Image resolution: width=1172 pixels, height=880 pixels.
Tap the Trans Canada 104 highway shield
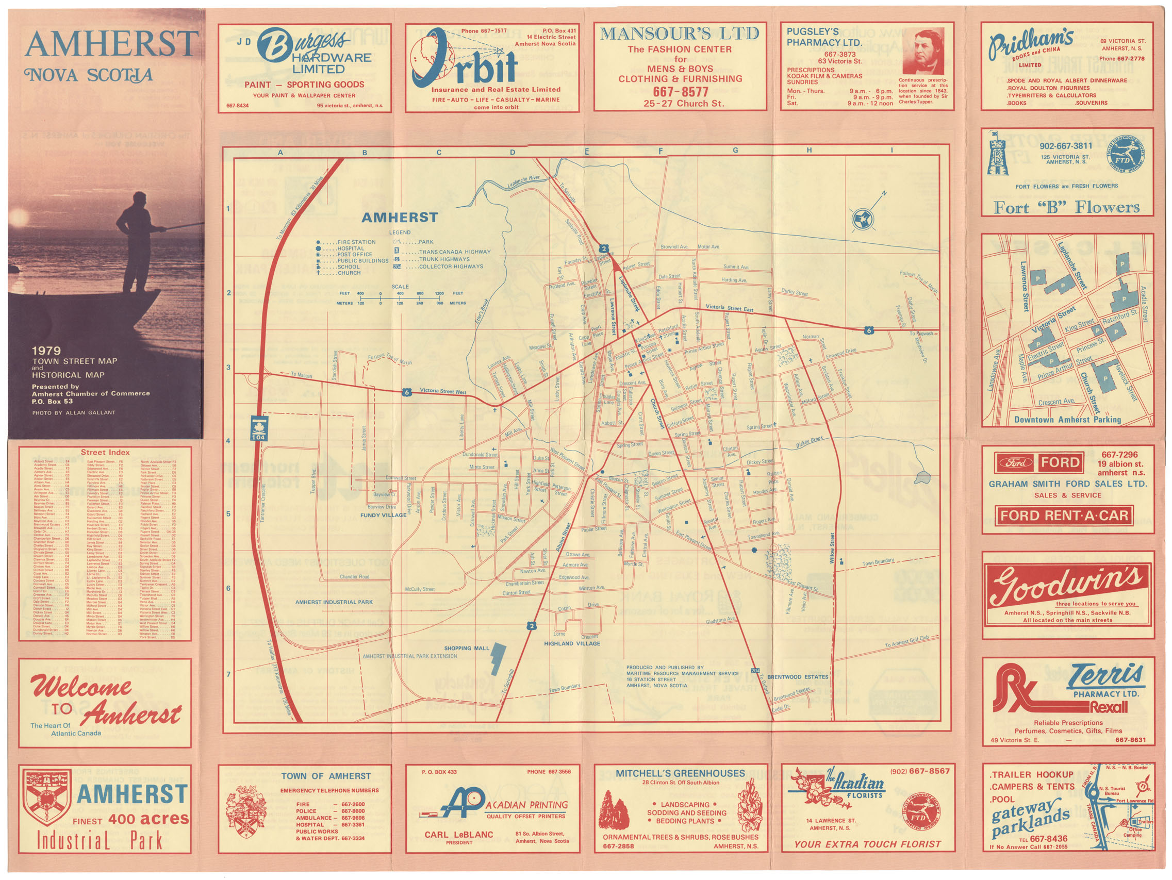(x=259, y=428)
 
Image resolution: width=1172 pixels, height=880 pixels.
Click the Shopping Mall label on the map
(x=467, y=648)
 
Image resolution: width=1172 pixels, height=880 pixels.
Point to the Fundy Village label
(x=383, y=515)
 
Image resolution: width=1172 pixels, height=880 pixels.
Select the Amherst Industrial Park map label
(x=334, y=602)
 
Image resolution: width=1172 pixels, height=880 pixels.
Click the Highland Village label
(x=572, y=644)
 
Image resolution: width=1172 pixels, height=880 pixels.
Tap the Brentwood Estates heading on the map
(x=798, y=677)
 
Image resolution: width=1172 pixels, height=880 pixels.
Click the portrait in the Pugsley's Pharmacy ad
(x=923, y=51)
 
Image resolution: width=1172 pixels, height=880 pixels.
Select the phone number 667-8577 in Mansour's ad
(x=680, y=92)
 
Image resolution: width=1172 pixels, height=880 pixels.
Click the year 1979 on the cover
(x=46, y=351)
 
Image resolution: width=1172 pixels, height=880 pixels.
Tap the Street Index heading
(x=105, y=453)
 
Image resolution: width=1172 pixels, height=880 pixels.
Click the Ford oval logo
(x=1013, y=462)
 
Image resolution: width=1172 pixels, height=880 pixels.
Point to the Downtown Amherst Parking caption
(x=1068, y=420)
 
